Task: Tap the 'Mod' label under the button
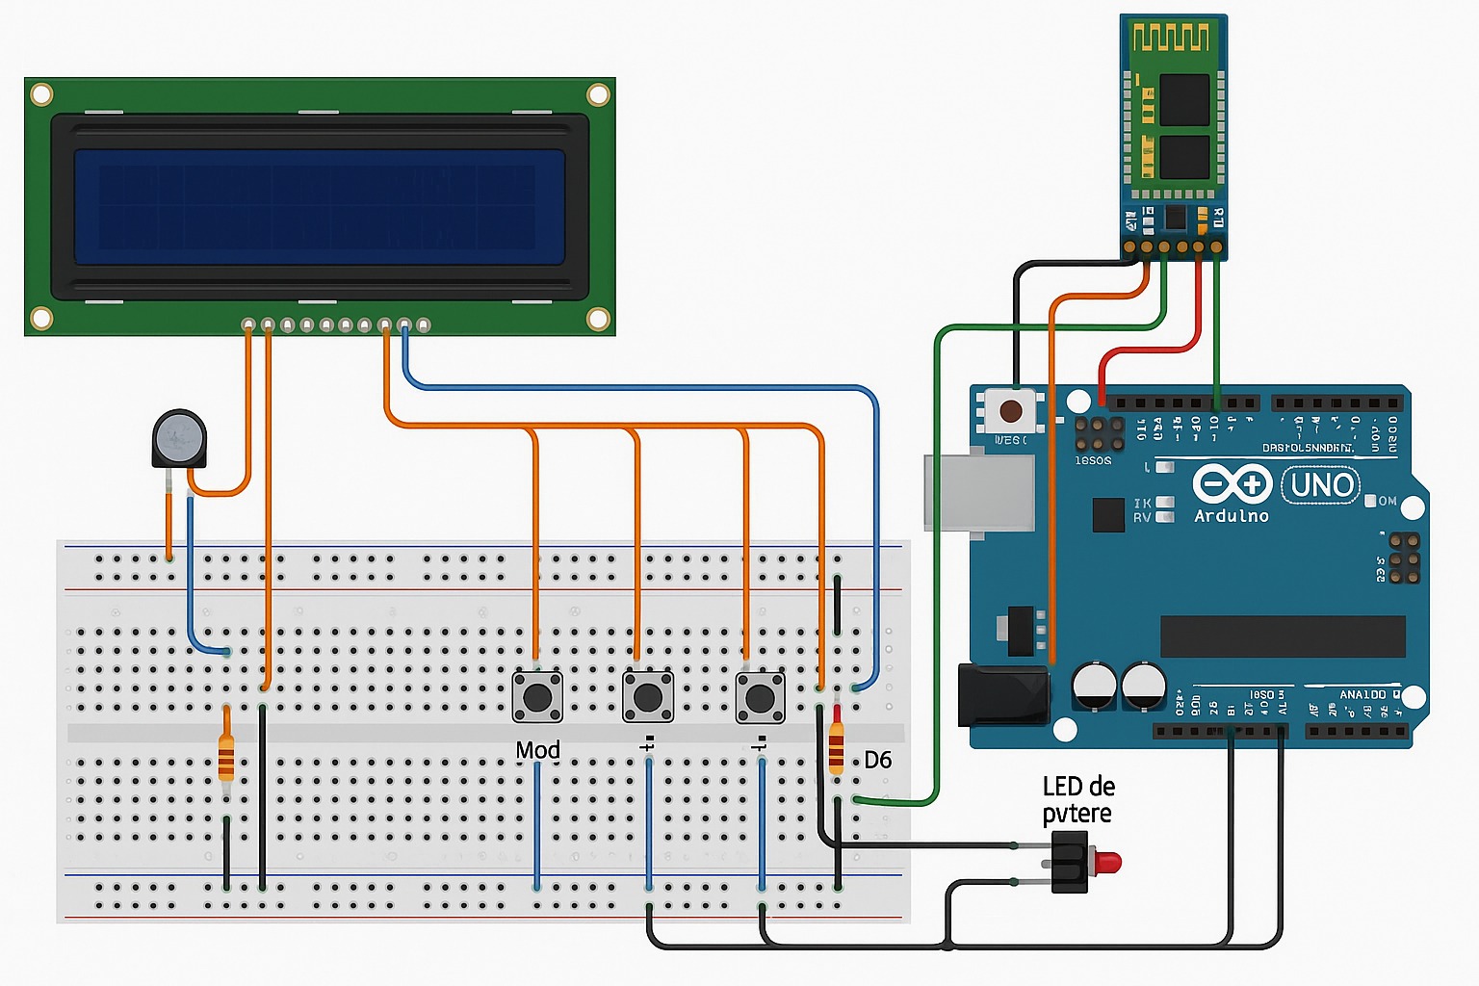point(537,750)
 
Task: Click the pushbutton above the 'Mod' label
point(537,696)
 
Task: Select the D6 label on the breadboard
point(877,761)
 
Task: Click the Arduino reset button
point(1010,411)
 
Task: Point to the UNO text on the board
point(1321,484)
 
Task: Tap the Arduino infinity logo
point(1232,482)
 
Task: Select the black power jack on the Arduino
point(1002,695)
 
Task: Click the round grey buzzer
point(179,438)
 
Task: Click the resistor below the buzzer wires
point(226,755)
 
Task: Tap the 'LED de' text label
point(1077,787)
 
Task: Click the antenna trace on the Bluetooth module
point(1170,39)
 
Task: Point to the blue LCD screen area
point(319,206)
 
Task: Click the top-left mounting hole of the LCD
point(41,94)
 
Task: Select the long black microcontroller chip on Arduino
point(1282,636)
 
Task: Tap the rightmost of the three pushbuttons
point(761,696)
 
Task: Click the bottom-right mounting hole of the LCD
point(598,319)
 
